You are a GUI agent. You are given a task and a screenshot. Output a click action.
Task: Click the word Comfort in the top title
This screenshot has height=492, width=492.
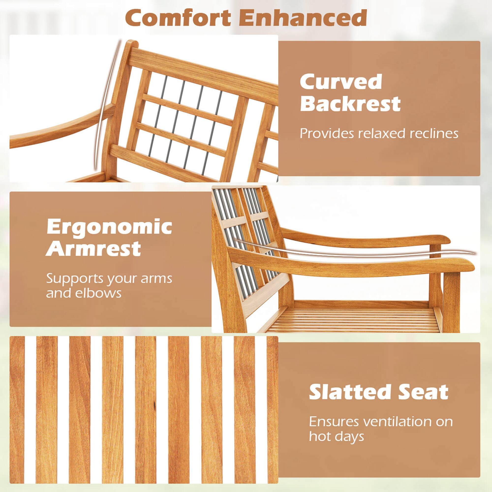[178, 18]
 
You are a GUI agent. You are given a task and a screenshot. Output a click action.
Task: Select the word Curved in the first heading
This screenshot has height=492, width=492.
[341, 82]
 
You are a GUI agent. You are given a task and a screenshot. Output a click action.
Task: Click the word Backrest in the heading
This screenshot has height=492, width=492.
[350, 104]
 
